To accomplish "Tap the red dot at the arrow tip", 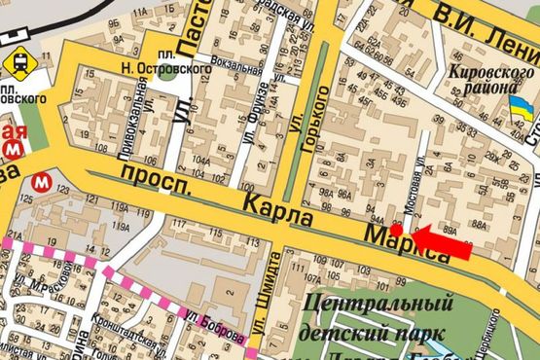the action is (408, 230).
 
